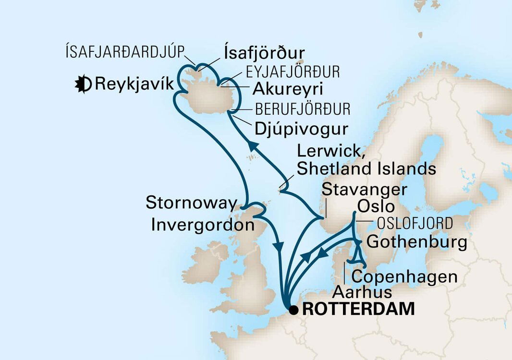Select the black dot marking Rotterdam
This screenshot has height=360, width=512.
(293, 309)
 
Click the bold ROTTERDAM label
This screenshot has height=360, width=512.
(359, 309)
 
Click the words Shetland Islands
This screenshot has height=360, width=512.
(366, 168)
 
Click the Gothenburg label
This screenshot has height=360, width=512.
(416, 242)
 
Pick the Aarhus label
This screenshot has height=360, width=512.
(363, 292)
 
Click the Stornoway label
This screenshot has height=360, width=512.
(191, 204)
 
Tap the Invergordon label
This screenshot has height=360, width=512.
(202, 225)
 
